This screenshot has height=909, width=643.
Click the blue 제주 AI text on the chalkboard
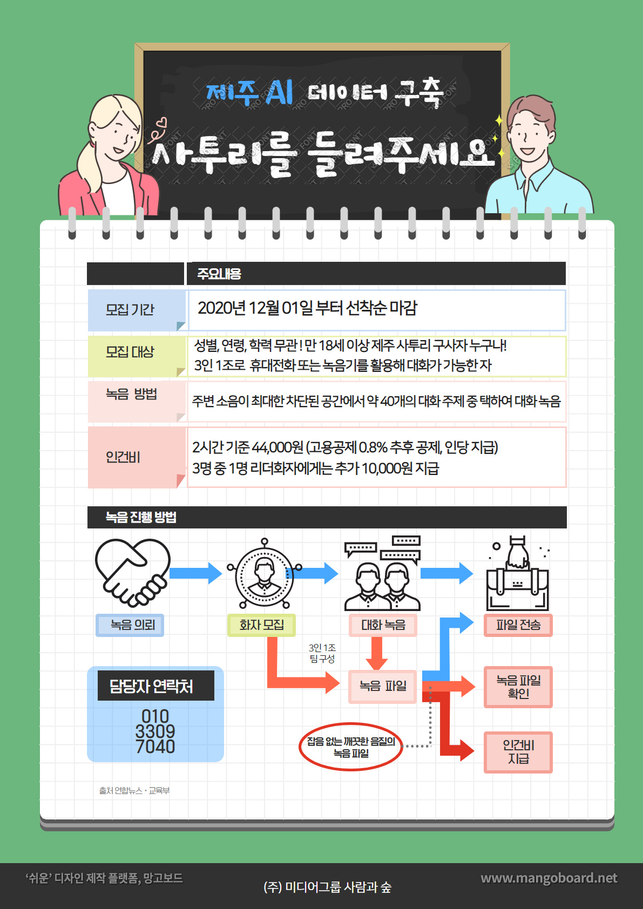coord(249,92)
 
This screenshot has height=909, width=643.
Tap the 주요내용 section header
coord(219,274)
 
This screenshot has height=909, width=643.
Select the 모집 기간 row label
coord(130,310)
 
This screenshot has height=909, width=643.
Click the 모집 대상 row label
coord(130,352)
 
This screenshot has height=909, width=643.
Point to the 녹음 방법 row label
coord(131,394)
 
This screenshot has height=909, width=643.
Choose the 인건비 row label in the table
coord(123,457)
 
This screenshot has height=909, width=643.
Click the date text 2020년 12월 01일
coord(255,308)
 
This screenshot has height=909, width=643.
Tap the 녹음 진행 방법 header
coord(141,517)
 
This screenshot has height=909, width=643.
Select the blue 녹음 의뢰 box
coord(130,625)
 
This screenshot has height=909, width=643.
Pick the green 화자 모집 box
coord(261,625)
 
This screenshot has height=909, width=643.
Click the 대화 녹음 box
coord(383,625)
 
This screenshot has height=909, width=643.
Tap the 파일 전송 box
coord(518,625)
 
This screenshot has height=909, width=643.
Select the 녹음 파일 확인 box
coord(518,687)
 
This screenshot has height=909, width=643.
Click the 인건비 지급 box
coord(518,752)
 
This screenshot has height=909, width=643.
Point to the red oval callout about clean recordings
coord(351,747)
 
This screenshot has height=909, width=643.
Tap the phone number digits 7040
coord(155,747)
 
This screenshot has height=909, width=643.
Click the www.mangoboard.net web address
coord(549,878)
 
